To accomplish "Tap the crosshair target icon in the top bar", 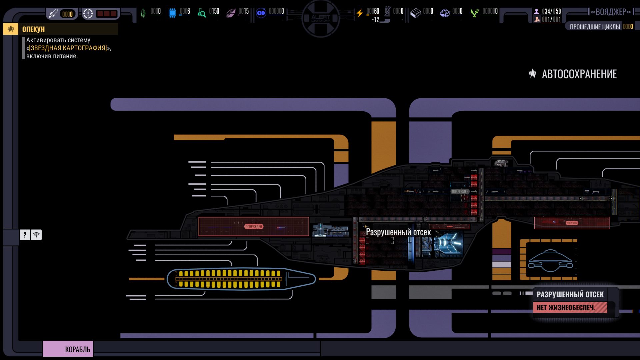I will pyautogui.click(x=88, y=14).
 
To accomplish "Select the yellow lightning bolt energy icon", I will pyautogui.click(x=359, y=13).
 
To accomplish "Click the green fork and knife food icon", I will pyautogui.click(x=474, y=13).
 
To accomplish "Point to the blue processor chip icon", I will pyautogui.click(x=172, y=13).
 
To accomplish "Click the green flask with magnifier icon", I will pyautogui.click(x=201, y=13).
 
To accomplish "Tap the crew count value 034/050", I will pyautogui.click(x=551, y=11).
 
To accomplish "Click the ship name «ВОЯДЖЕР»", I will pyautogui.click(x=611, y=12).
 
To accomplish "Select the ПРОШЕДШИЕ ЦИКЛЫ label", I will pyautogui.click(x=595, y=27).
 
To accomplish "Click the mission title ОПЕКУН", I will pyautogui.click(x=33, y=29).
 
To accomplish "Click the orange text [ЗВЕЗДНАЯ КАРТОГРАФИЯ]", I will pyautogui.click(x=68, y=48).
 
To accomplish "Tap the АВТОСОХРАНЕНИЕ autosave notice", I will pyautogui.click(x=579, y=74).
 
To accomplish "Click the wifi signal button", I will pyautogui.click(x=36, y=235).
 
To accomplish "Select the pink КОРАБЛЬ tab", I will pyautogui.click(x=68, y=349).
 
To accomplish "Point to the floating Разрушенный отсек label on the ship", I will pyautogui.click(x=398, y=232).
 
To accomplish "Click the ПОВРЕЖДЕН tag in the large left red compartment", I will pyautogui.click(x=254, y=227).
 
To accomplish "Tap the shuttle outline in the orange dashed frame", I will pyautogui.click(x=550, y=261).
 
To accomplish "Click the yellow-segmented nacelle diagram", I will pyautogui.click(x=241, y=279).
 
